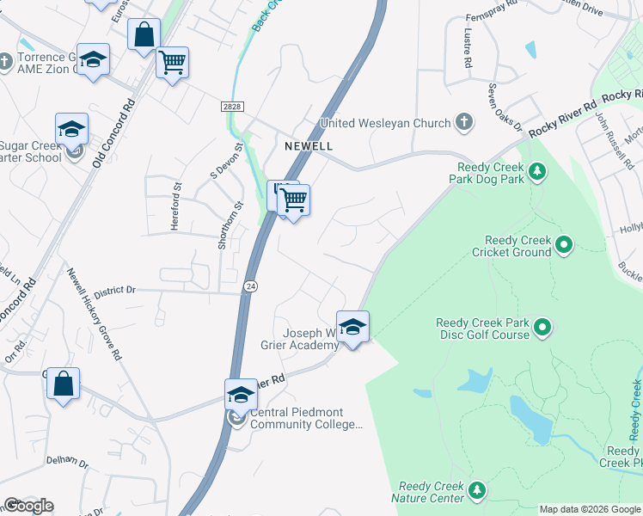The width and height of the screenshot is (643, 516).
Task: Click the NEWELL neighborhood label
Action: point(309,146)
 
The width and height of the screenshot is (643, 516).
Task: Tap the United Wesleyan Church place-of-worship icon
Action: point(464,122)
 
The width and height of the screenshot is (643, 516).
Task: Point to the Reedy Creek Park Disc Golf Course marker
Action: point(542,328)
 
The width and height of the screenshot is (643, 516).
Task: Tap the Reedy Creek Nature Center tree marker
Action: point(478,491)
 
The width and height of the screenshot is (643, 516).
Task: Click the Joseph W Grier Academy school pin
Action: point(352,327)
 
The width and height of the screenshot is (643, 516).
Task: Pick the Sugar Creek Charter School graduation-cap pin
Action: point(71,129)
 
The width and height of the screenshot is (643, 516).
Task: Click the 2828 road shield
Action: point(231,106)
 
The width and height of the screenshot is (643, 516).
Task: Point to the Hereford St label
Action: point(178,197)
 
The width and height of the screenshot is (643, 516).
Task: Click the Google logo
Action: point(28,506)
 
